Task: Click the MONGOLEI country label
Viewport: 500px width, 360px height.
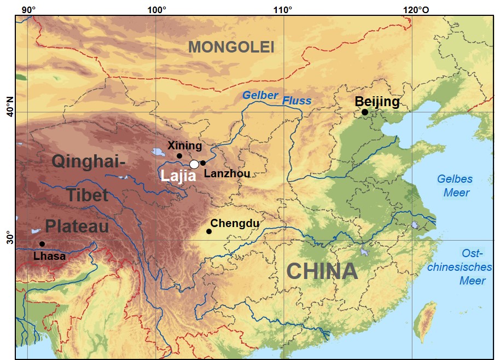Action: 231,48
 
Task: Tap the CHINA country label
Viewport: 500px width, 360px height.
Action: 322,271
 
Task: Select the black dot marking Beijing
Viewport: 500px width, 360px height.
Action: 365,112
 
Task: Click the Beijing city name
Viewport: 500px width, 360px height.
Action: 377,101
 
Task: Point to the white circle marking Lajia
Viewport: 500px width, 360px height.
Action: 194,164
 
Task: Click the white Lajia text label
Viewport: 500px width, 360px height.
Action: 178,176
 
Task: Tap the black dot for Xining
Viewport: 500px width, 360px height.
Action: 179,156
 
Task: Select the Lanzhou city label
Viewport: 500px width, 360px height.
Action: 226,174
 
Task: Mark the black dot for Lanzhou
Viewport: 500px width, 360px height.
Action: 203,162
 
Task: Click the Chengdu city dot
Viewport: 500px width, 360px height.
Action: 209,231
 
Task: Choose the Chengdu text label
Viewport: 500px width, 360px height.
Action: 235,223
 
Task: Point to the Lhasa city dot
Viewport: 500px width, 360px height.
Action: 42,244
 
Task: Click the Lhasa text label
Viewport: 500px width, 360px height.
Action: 49,256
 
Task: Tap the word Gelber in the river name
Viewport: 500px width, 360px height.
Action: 260,95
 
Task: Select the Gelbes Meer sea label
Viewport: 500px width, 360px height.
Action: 455,186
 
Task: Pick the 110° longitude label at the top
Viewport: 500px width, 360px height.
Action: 283,9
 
